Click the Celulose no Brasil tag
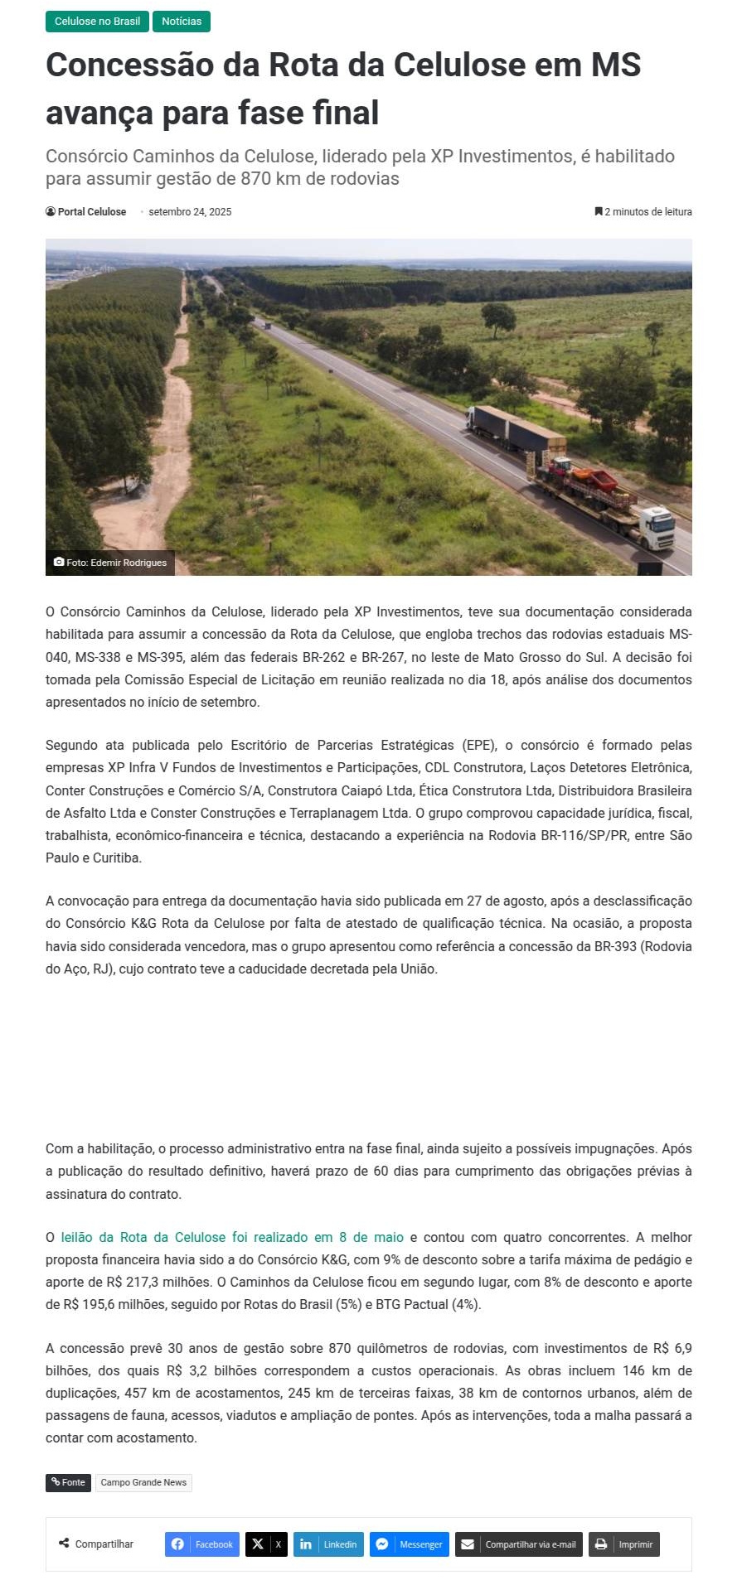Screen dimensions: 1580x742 tap(97, 22)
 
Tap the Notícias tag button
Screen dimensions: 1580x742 tap(182, 22)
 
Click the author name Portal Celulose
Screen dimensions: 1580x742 tap(91, 212)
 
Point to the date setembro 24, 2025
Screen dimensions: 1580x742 tap(190, 212)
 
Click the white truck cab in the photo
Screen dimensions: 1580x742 tap(657, 525)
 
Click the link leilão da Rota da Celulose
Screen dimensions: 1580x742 tap(232, 1237)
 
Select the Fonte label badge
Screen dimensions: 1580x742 tap(68, 1482)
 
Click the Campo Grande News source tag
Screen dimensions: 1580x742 tap(143, 1482)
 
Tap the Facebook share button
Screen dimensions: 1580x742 tap(202, 1544)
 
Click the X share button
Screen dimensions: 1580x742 tap(266, 1544)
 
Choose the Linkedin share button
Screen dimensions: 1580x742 tap(328, 1544)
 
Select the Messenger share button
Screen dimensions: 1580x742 tap(410, 1544)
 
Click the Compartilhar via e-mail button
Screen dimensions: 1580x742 tap(519, 1544)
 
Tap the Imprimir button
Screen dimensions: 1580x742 tap(624, 1544)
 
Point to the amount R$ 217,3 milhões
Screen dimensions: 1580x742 tap(158, 1283)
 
